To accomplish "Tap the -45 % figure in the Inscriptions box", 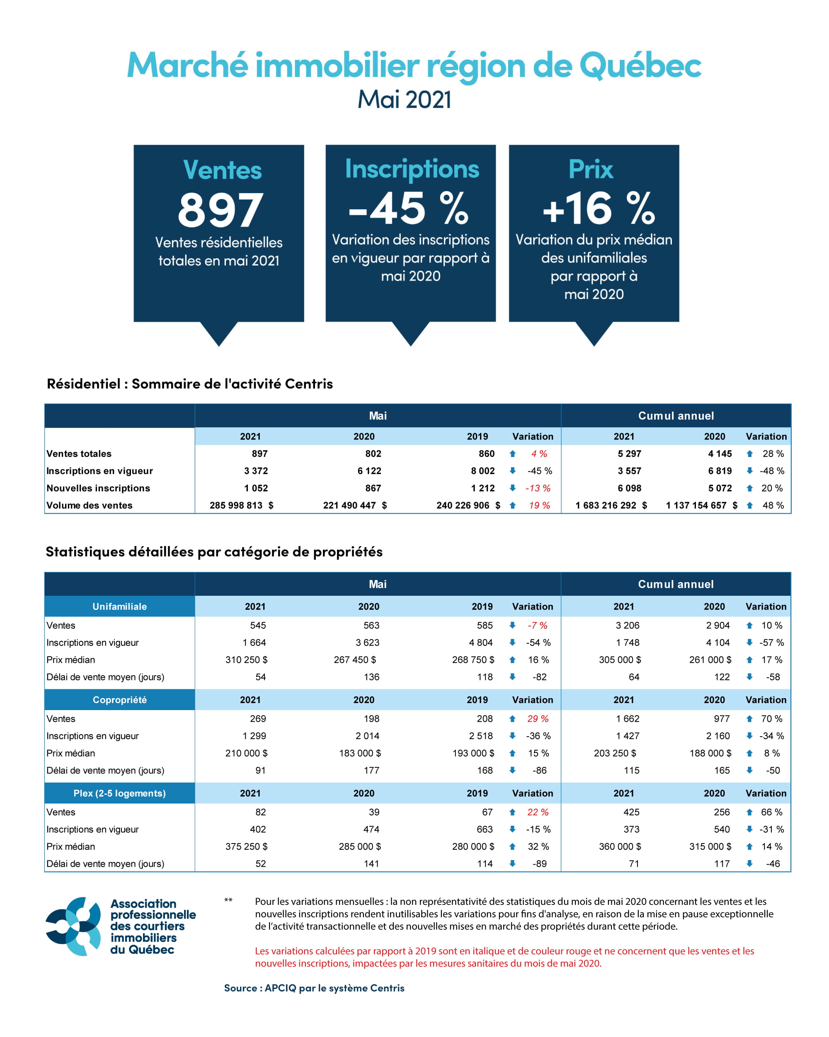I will (x=408, y=209).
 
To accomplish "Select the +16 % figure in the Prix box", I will (x=598, y=209).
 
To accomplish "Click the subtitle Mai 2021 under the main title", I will (x=404, y=99).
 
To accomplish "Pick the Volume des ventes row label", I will (x=90, y=505).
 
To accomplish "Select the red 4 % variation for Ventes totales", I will (x=539, y=454).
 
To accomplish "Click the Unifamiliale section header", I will (x=119, y=607).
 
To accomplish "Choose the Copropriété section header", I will (x=119, y=700).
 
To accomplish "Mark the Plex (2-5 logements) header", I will (x=119, y=793).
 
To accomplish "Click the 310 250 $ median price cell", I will (x=246, y=660).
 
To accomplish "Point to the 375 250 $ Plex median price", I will (x=246, y=846).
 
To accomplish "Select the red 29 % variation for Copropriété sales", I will (x=538, y=718).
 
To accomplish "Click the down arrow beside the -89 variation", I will (x=512, y=863).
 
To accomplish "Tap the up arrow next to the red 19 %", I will (x=512, y=505).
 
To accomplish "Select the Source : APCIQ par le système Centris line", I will (x=314, y=988).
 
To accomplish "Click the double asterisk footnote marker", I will (x=228, y=900).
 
